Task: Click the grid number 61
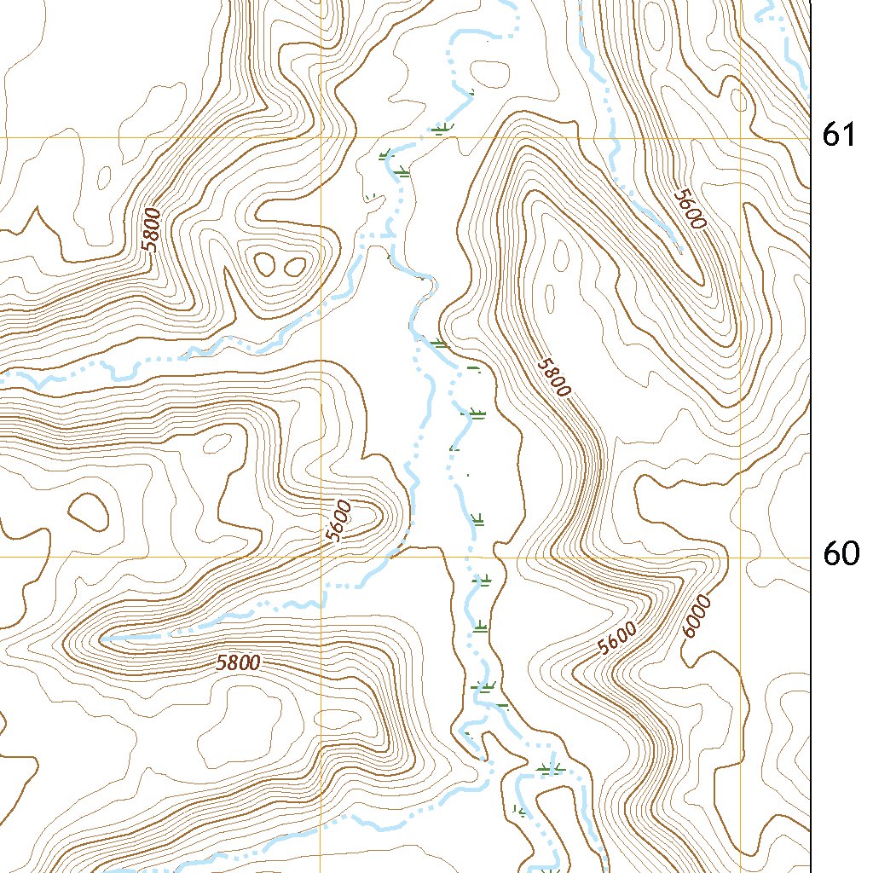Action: click(x=839, y=135)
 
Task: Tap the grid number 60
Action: click(x=841, y=554)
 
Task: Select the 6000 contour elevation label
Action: click(x=697, y=616)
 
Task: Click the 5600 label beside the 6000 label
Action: click(x=617, y=639)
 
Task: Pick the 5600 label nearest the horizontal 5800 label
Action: click(x=338, y=522)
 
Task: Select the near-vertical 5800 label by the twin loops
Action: click(x=152, y=229)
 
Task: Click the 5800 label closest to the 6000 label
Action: click(x=553, y=377)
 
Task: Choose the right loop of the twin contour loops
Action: click(x=294, y=267)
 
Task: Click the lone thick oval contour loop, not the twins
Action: click(x=88, y=510)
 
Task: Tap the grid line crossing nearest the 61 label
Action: click(x=740, y=137)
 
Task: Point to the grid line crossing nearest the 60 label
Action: click(x=740, y=558)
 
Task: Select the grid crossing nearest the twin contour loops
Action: click(x=321, y=137)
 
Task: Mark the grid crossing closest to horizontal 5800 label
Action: click(x=321, y=558)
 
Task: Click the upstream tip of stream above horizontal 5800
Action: click(x=102, y=638)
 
